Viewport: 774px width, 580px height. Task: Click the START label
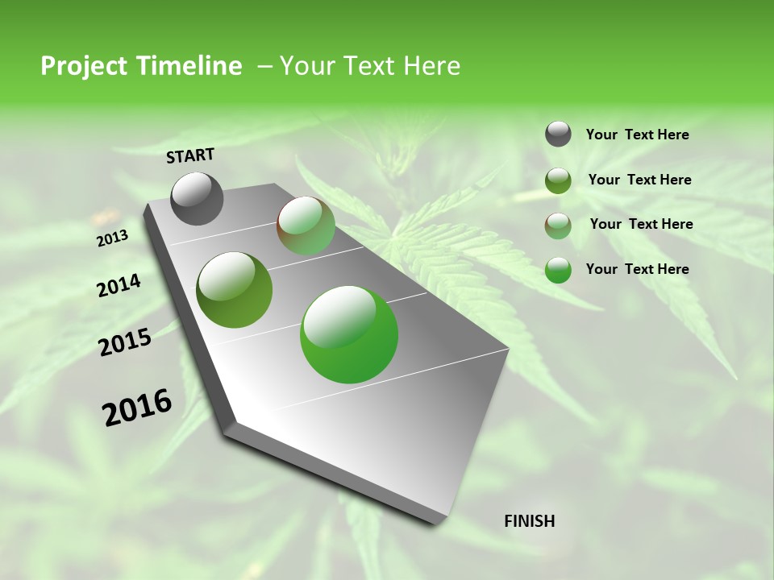coord(190,155)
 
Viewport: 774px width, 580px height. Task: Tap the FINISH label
coord(529,520)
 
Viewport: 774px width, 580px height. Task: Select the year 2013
coord(112,238)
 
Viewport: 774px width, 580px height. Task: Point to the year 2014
coord(119,285)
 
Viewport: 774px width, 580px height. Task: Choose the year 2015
coord(125,342)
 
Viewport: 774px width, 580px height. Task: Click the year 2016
coord(137,407)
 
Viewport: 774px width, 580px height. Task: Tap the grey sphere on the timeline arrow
coord(197,198)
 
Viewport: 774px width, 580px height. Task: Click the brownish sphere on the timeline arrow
coord(306,226)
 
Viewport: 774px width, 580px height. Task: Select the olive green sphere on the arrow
coord(234,290)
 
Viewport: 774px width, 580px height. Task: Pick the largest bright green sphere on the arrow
coord(349,333)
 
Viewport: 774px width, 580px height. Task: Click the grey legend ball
coord(558,134)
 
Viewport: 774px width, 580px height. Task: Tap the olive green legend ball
coord(558,180)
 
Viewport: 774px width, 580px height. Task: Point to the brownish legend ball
coord(558,226)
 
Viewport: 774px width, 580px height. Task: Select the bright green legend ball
coord(558,270)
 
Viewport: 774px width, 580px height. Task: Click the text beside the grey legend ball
coord(637,135)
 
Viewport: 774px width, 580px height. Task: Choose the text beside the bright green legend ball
coord(637,269)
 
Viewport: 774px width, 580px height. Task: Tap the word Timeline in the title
coord(191,66)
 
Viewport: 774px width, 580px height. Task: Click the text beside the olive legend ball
coord(639,180)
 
